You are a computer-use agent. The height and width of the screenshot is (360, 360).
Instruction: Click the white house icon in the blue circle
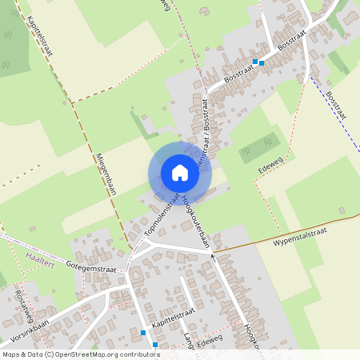(180, 173)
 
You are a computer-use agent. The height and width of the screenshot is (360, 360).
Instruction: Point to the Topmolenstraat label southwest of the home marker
(162, 217)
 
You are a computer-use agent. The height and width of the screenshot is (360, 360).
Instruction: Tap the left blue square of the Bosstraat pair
(255, 62)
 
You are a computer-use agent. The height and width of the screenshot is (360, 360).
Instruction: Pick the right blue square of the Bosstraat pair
(262, 63)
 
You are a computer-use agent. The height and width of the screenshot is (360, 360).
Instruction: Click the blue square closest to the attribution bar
(155, 345)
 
